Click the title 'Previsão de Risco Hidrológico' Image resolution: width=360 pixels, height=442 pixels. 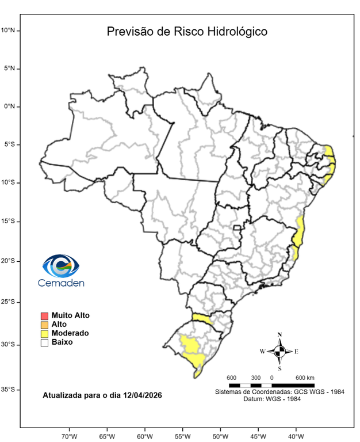(x=187, y=32)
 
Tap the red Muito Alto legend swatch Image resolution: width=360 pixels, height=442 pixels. (x=44, y=315)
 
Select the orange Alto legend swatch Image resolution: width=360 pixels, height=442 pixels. (x=44, y=325)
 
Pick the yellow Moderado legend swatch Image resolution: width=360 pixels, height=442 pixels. (x=44, y=333)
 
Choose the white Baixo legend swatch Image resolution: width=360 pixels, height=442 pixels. (x=44, y=342)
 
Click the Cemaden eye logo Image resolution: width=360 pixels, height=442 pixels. (x=60, y=266)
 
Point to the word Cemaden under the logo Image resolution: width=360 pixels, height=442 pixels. (x=60, y=283)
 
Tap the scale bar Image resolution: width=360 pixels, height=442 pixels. (x=271, y=384)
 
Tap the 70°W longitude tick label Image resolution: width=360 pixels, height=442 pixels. (x=69, y=436)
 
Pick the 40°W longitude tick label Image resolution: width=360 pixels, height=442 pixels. (x=296, y=436)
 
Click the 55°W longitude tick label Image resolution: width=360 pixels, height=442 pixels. (x=182, y=436)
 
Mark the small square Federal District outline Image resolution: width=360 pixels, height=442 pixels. (x=236, y=228)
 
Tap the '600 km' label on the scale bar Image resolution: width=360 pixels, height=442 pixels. (x=305, y=378)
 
